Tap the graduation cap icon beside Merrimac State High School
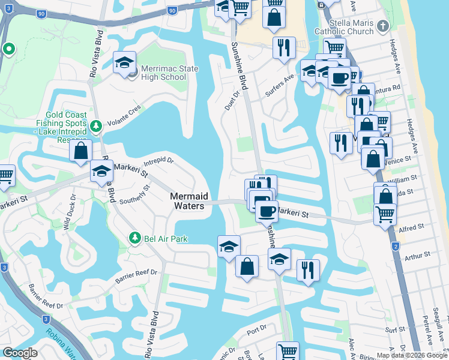pos(124,64)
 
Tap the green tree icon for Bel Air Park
pos(135,238)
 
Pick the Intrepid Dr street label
pos(158,161)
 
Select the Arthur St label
pos(414,259)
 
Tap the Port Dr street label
pos(256,329)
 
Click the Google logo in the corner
pos(20,352)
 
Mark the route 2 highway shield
pos(396,247)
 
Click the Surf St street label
pos(396,329)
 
